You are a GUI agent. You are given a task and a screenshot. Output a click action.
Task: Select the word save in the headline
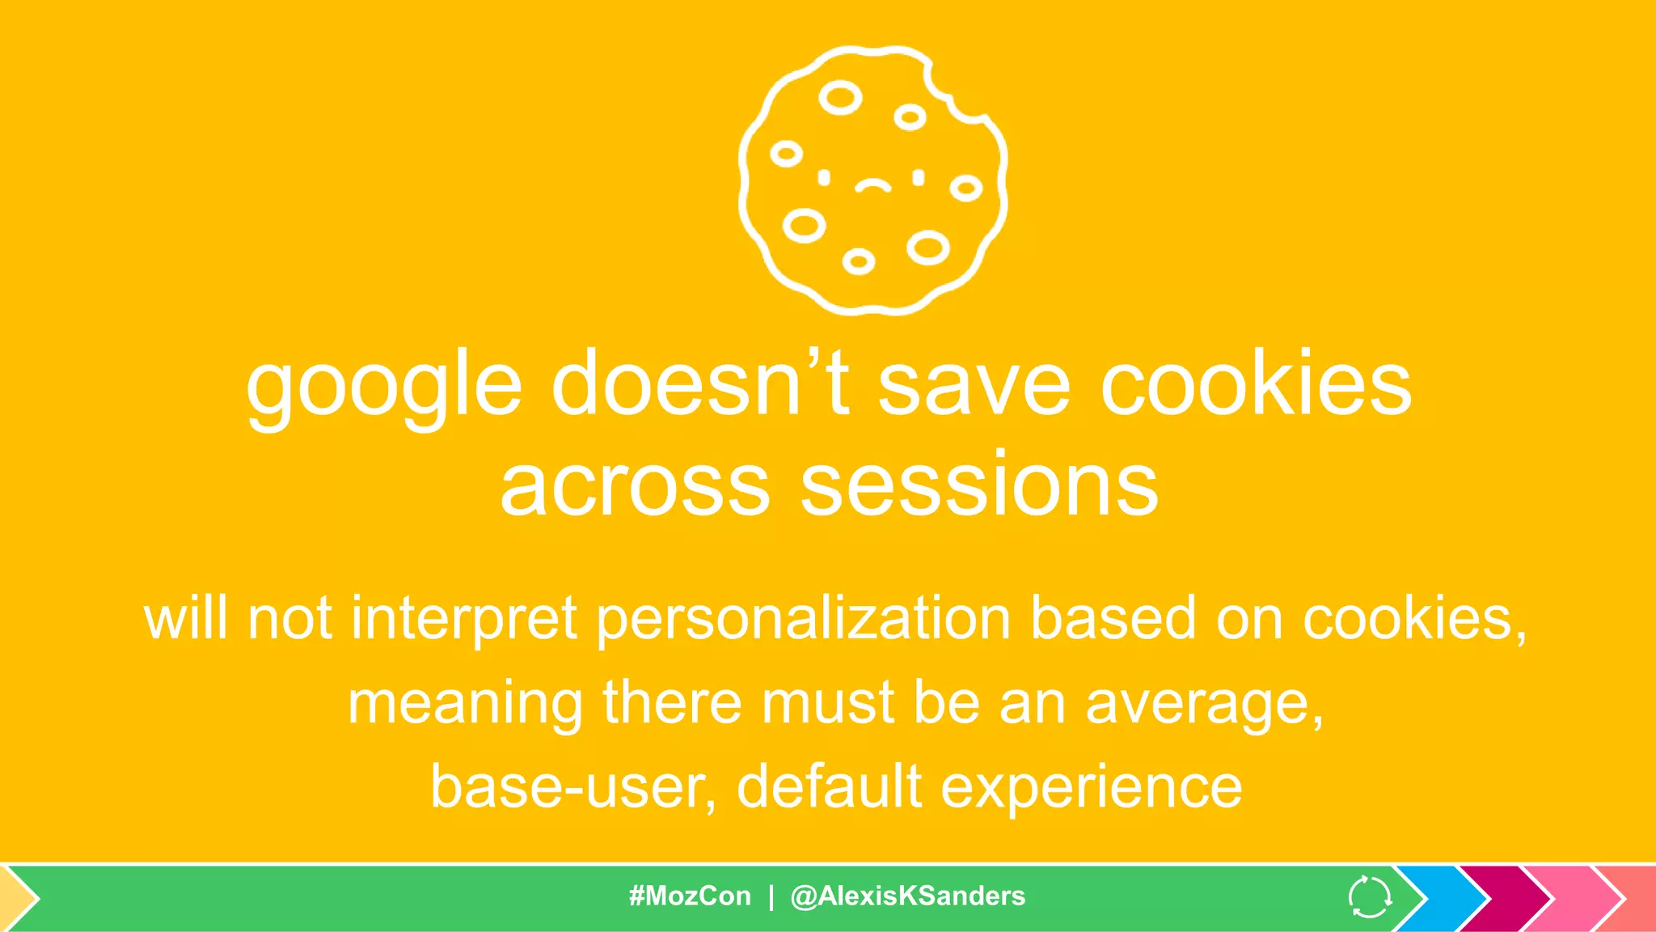coord(974,383)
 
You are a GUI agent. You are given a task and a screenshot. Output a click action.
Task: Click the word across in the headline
coord(635,485)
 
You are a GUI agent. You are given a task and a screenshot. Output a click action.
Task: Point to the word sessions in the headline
coord(979,485)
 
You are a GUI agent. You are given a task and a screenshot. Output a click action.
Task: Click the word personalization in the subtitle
coord(804,619)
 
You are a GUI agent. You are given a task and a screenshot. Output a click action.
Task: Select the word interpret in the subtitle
coord(464,619)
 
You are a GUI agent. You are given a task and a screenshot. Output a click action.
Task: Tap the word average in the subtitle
coord(1204,703)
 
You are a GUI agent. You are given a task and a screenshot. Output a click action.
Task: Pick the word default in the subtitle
coord(829,786)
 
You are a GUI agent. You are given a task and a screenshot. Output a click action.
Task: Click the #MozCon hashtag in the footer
coord(690,896)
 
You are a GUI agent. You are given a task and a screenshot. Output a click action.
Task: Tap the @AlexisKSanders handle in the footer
coord(907,896)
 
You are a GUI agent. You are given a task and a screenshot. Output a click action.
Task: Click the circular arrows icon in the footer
coord(1370,896)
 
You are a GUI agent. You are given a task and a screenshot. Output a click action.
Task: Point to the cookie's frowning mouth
coord(872,187)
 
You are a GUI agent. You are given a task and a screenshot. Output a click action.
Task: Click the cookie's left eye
coord(824,177)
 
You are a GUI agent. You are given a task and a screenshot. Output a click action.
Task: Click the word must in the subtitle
coord(828,703)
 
